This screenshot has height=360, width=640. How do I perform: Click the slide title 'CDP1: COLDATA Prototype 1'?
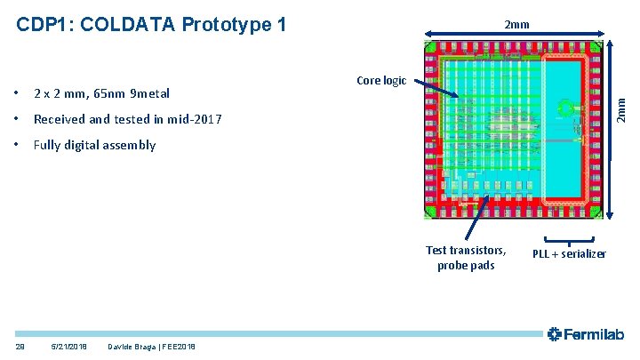click(x=151, y=24)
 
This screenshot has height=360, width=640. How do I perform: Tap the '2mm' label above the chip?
click(x=516, y=25)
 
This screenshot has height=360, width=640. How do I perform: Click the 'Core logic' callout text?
click(x=380, y=81)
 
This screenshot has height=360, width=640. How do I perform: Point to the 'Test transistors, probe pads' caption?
click(x=466, y=258)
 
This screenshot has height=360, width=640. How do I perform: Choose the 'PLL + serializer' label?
click(x=569, y=254)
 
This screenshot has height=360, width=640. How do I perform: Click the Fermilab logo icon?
click(x=555, y=334)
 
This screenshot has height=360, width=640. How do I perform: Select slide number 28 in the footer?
click(x=20, y=346)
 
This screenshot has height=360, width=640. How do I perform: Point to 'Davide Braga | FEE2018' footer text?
click(x=150, y=346)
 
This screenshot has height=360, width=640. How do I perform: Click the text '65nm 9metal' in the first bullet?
click(x=132, y=93)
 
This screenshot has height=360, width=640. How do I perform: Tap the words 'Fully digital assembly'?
click(x=94, y=145)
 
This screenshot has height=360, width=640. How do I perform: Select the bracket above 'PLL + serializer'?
click(x=569, y=240)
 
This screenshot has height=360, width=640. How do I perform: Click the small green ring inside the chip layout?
click(x=564, y=110)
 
